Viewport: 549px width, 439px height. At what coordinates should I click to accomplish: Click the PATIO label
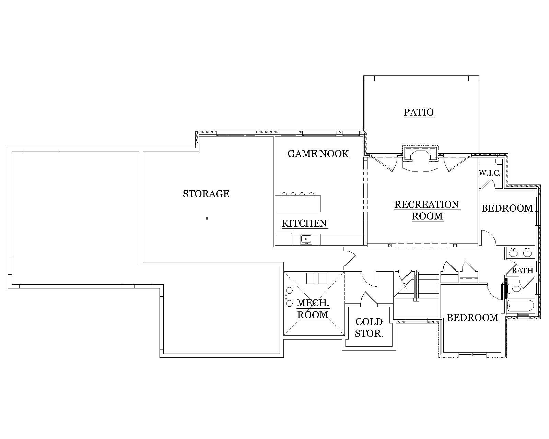(419, 112)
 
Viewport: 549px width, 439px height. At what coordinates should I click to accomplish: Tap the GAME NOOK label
(318, 154)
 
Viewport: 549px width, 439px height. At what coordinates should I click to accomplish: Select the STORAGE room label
(206, 194)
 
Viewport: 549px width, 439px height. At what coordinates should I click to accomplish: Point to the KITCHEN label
(304, 223)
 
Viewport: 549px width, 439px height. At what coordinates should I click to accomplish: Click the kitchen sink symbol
(306, 239)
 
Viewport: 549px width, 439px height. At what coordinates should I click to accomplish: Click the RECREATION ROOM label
(427, 210)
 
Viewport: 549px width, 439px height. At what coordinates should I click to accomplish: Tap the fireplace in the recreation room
(421, 155)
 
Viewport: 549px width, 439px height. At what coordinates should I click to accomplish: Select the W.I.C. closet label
(490, 173)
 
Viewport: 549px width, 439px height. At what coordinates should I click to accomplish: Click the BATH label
(522, 271)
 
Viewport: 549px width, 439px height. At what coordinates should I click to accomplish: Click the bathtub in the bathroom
(520, 305)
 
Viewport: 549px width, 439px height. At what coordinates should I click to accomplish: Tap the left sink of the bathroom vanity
(513, 253)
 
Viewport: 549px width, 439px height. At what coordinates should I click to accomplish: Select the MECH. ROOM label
(313, 309)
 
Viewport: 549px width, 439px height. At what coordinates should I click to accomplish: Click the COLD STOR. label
(369, 327)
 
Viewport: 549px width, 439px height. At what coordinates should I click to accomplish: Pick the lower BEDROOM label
(472, 318)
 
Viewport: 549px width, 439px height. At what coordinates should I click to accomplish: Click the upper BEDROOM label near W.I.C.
(507, 208)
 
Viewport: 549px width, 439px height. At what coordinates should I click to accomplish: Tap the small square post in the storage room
(207, 218)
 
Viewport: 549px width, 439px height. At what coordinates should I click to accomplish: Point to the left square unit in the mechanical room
(311, 278)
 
